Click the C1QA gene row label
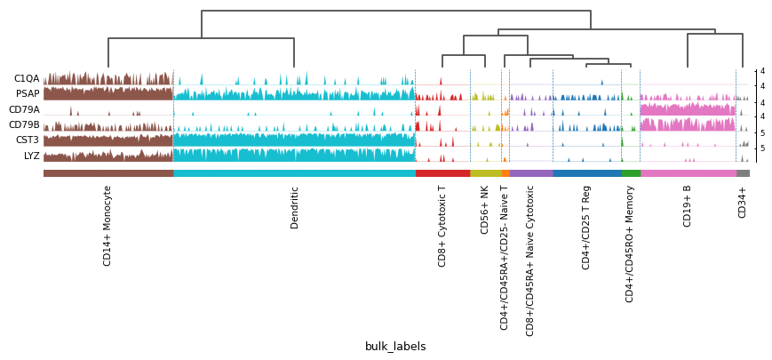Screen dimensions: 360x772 27,79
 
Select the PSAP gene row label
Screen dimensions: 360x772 28,94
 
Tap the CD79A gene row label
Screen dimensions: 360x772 24,110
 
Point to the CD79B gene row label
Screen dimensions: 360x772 24,125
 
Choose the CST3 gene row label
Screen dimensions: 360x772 27,140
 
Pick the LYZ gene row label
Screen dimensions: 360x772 31,156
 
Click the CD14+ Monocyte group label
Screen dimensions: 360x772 107,226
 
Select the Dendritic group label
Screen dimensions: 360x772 294,207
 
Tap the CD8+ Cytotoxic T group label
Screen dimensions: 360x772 442,226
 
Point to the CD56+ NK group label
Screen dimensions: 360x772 485,210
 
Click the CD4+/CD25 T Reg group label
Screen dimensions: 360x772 586,228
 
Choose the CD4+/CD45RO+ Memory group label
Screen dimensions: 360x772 630,244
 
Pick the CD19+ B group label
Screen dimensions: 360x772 688,206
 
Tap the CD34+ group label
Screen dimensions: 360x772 743,202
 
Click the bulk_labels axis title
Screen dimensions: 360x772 395,347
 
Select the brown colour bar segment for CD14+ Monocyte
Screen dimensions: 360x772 107,173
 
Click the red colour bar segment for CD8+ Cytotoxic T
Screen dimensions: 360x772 442,173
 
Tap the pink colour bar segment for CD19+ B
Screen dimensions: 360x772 688,173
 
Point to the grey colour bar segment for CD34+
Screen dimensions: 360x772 743,173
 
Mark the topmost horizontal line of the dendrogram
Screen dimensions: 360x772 395,11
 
